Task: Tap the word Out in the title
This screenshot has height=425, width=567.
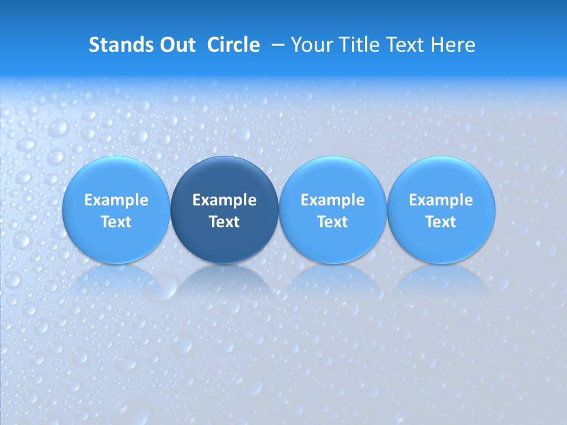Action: pyautogui.click(x=176, y=45)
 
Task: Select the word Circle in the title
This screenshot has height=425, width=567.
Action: pyautogui.click(x=233, y=45)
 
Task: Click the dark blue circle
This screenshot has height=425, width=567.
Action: pyautogui.click(x=224, y=210)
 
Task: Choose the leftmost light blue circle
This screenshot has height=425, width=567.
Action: pyautogui.click(x=116, y=210)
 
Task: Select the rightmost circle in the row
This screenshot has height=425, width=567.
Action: pyautogui.click(x=441, y=210)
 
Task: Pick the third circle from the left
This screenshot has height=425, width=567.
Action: pyautogui.click(x=333, y=210)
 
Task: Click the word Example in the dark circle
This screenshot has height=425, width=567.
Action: pyautogui.click(x=224, y=200)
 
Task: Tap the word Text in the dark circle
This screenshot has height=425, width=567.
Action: pyautogui.click(x=224, y=222)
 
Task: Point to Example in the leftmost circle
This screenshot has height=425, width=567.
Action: pyautogui.click(x=116, y=200)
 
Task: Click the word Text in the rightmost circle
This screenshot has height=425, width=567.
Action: pyautogui.click(x=441, y=222)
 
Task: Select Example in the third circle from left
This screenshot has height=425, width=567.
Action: pyautogui.click(x=333, y=200)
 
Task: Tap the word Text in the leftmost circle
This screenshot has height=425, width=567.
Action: pyautogui.click(x=116, y=222)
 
